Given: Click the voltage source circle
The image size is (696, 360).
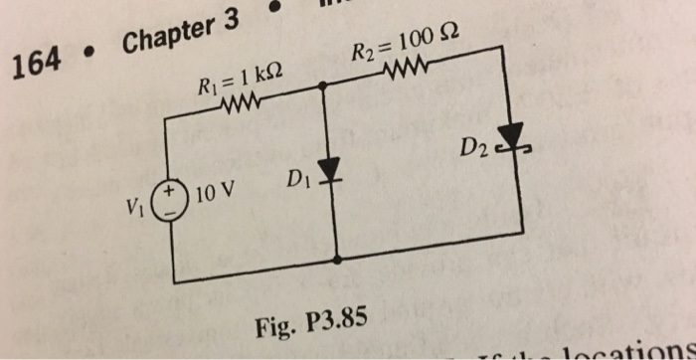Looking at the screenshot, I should click(176, 199).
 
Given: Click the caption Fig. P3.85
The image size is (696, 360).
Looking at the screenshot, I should click(310, 323).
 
